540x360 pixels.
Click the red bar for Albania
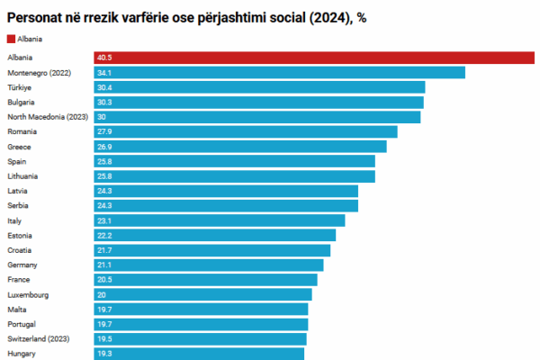(x=315, y=58)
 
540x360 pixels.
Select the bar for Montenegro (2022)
(x=280, y=73)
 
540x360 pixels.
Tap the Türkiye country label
(x=20, y=87)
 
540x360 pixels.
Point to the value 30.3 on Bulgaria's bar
(x=105, y=103)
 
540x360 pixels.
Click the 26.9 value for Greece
(x=105, y=147)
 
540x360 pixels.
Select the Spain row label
(x=17, y=161)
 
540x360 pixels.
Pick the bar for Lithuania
(x=235, y=175)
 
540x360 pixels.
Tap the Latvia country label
(x=18, y=191)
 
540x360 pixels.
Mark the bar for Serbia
(x=226, y=205)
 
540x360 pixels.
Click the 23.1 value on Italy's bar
(x=105, y=220)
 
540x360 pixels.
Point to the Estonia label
(x=20, y=235)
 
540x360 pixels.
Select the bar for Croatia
(x=212, y=249)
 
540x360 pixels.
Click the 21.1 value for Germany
(x=105, y=265)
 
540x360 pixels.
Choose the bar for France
(x=206, y=279)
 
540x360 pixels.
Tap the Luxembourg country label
(x=27, y=294)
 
